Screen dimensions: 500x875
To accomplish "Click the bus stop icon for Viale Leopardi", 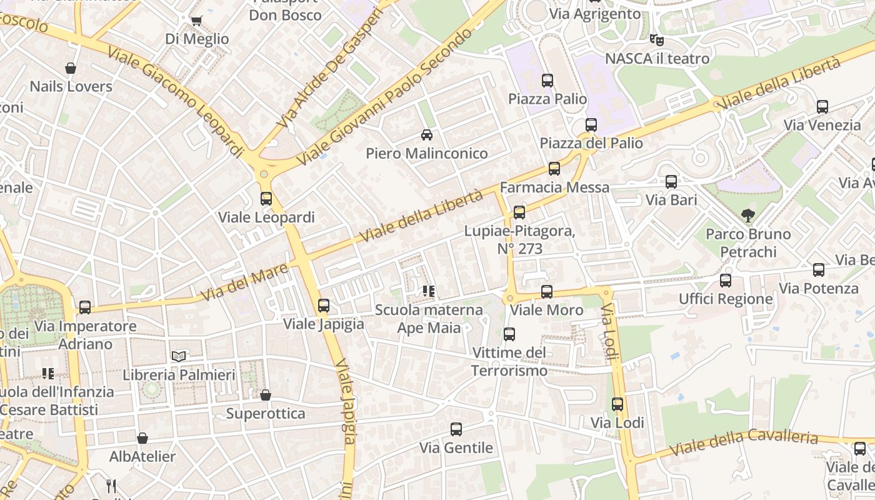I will [x=266, y=199].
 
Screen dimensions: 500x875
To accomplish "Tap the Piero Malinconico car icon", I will [x=427, y=134].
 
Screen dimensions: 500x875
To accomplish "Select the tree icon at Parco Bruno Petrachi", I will [x=747, y=216].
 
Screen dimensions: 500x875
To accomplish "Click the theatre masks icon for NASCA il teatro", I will [x=656, y=40].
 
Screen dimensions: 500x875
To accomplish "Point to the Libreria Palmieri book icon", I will [x=179, y=356].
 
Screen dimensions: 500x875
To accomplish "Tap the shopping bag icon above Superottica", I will [x=266, y=395].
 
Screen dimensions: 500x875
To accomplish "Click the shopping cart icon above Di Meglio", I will [x=197, y=21].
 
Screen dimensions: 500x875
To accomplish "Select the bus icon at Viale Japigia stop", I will [x=324, y=306].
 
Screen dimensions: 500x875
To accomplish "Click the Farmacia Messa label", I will [x=554, y=187].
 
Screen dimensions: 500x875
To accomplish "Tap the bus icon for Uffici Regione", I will [x=726, y=281].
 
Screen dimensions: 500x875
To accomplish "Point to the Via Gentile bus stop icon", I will [x=456, y=429].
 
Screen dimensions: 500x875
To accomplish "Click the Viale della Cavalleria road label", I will [x=744, y=442].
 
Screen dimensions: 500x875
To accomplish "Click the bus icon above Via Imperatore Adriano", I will [x=85, y=307].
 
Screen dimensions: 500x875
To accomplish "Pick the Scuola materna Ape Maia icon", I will [x=429, y=291].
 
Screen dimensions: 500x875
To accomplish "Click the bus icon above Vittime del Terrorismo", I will [x=509, y=334].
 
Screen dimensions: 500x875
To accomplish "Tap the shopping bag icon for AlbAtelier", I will [x=142, y=438].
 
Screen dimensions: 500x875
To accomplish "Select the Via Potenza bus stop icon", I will [x=819, y=270].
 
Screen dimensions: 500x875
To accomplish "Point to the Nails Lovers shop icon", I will [x=71, y=68].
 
